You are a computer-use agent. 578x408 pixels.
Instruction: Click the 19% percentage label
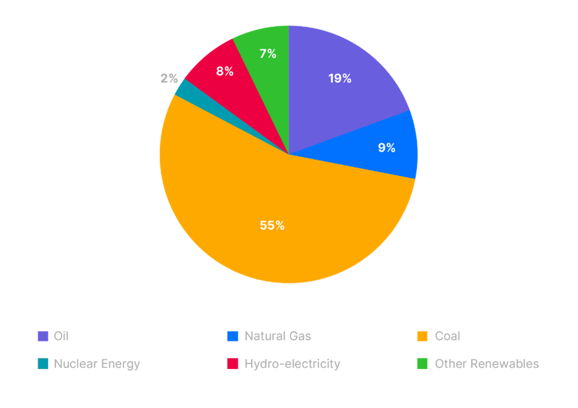click(x=340, y=79)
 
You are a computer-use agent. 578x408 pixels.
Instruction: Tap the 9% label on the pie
click(x=386, y=148)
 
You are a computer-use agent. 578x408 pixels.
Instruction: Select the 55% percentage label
click(x=272, y=226)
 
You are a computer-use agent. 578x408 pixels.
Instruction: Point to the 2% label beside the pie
click(x=169, y=79)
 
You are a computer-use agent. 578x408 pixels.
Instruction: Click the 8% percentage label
click(x=225, y=72)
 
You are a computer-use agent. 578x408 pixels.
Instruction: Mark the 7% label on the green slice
click(x=268, y=54)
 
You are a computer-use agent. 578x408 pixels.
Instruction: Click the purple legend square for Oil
click(x=43, y=336)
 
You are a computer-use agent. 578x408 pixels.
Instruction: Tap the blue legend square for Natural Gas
click(x=233, y=336)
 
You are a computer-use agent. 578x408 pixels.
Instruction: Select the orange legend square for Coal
click(x=422, y=336)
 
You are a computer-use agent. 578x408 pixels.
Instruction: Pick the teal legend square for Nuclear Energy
click(x=43, y=364)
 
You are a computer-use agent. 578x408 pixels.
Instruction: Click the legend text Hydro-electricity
click(x=292, y=364)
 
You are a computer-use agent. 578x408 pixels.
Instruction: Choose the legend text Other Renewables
click(x=487, y=364)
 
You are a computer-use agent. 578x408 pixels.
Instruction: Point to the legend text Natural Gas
click(x=278, y=336)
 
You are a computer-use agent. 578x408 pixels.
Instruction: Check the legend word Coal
click(x=448, y=336)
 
